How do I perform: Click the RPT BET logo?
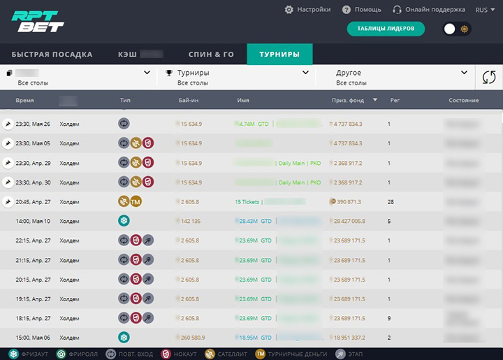point(38,22)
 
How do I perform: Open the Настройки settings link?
point(307,10)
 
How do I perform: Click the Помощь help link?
point(362,10)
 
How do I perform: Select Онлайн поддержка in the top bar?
point(429,10)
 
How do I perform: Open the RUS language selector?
point(485,10)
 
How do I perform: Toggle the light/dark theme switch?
point(457,29)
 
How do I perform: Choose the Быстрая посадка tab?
point(52,55)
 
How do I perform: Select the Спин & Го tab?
point(211,55)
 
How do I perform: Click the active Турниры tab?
point(279,55)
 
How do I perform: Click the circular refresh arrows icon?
point(489,78)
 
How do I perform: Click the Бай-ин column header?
point(189,101)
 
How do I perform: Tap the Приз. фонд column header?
point(348,101)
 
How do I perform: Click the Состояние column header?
point(463,101)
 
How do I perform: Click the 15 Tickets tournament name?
point(247,202)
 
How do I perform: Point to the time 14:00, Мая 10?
point(33,221)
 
